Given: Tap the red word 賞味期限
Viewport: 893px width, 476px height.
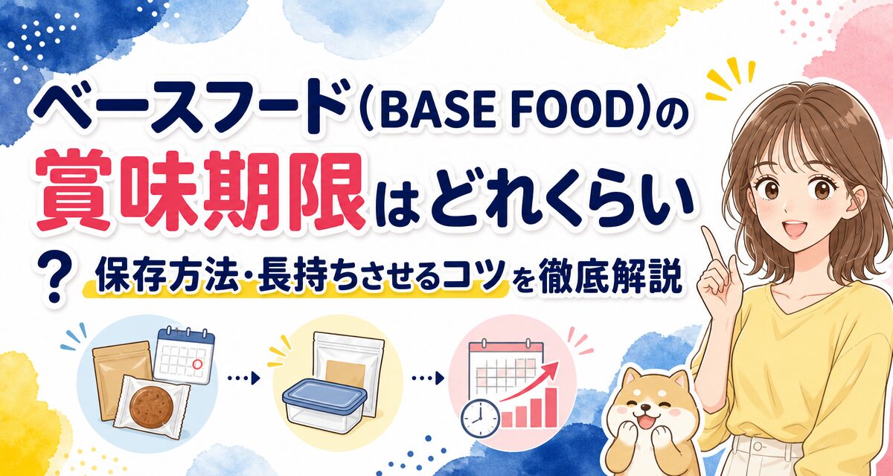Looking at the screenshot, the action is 200,190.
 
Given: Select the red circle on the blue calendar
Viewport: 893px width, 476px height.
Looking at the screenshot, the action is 197,364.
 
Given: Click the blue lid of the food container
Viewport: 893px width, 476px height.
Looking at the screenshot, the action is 324,395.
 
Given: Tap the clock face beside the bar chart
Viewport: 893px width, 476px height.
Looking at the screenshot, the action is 480,419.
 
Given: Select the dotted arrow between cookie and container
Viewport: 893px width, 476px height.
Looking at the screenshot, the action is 243,378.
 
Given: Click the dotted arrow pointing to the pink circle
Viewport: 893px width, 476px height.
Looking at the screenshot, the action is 428,378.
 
